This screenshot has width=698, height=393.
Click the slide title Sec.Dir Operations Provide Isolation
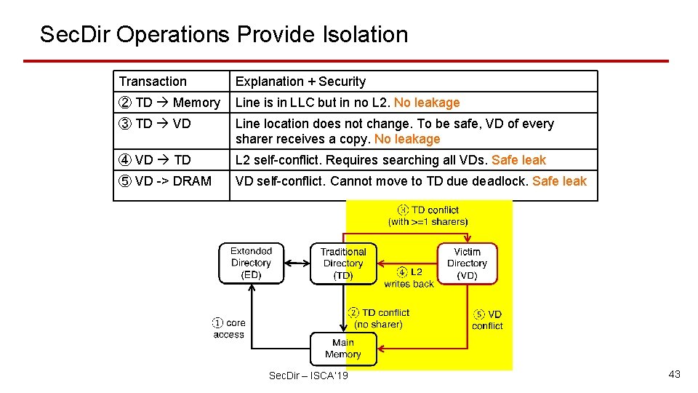coord(224,34)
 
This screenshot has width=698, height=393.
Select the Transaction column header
coord(153,82)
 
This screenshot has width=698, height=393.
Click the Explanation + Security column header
coord(300,82)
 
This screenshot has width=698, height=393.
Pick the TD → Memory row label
coord(169,103)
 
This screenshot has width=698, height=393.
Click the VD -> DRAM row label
coord(165,181)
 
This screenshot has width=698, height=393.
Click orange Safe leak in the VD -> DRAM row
coord(559,181)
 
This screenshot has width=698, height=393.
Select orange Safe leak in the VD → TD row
coord(518,160)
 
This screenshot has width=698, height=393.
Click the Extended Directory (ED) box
coord(251,263)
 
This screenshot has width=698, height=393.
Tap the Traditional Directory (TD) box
coord(343,263)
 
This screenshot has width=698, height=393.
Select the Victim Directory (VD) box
coord(467,263)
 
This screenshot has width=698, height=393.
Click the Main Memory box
coord(343,349)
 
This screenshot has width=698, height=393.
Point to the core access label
coord(229,329)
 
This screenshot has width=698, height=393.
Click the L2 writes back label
coord(409,277)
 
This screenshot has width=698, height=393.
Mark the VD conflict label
coord(487,320)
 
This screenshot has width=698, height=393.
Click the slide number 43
coord(674,374)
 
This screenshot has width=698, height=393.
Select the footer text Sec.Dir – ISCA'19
coord(308,376)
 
